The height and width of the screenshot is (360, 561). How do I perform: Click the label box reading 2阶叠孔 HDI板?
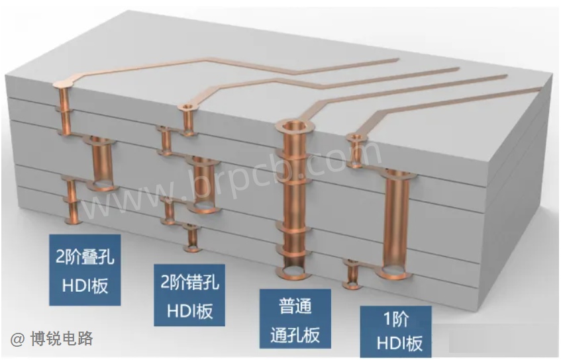pyautogui.click(x=84, y=270)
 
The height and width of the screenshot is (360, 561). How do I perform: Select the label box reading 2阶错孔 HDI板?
pyautogui.click(x=189, y=295)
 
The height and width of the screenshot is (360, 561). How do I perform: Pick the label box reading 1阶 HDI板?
pyautogui.click(x=395, y=332)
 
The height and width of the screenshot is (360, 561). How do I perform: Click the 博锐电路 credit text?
pyautogui.click(x=62, y=338)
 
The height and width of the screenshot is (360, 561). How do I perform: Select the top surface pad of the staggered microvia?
pyautogui.click(x=186, y=107)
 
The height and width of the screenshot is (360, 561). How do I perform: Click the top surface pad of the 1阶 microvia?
pyautogui.click(x=354, y=137)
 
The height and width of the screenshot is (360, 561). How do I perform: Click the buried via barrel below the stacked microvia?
pyautogui.click(x=101, y=162)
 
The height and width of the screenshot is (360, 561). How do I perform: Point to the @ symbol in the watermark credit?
pyautogui.click(x=17, y=339)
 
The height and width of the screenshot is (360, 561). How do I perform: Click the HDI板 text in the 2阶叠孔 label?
pyautogui.click(x=85, y=286)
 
